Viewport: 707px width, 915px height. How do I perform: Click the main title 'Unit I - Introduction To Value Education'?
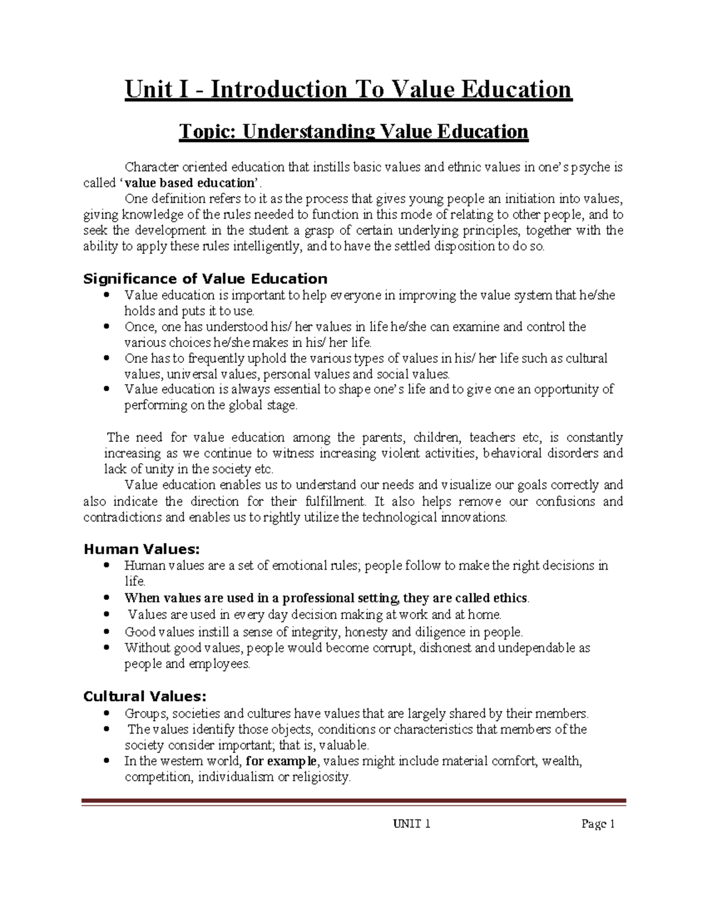(x=348, y=90)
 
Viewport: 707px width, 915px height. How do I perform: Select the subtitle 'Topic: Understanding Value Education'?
(x=353, y=131)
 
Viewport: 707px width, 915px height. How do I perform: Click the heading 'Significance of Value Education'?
(x=205, y=279)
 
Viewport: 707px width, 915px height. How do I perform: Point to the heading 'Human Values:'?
(x=141, y=549)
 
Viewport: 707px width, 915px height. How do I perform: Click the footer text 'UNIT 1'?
(x=411, y=824)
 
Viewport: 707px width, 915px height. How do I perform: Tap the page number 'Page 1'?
(x=598, y=824)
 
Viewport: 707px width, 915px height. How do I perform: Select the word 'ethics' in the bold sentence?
(x=510, y=598)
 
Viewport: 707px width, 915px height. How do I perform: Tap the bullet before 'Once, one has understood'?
(x=106, y=326)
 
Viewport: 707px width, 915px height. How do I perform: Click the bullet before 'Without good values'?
(x=106, y=648)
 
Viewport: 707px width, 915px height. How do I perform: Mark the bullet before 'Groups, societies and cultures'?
(x=106, y=713)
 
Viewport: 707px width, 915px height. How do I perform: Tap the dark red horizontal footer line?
(x=353, y=801)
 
